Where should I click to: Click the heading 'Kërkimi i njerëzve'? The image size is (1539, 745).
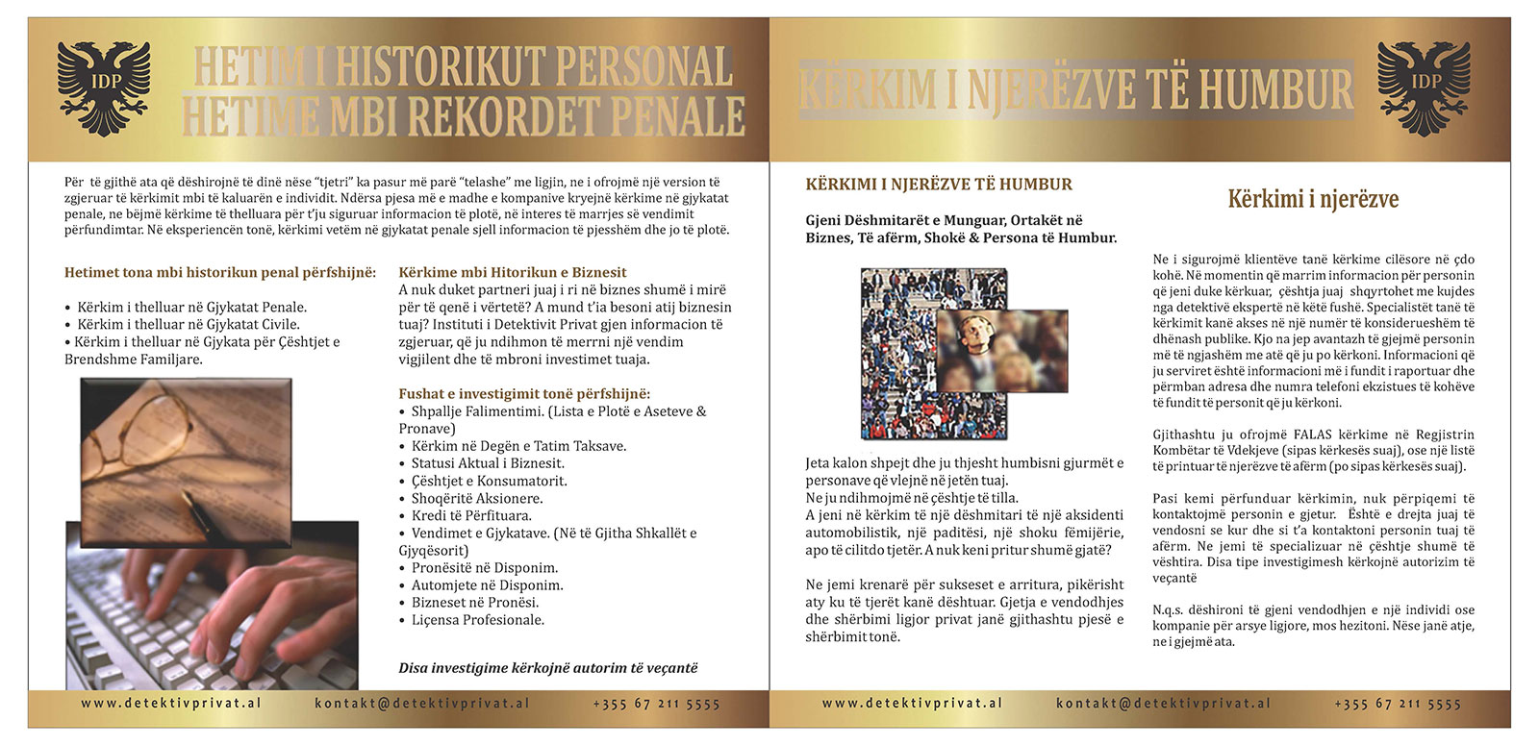click(1313, 199)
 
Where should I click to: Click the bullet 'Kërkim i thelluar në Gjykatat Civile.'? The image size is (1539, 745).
click(188, 325)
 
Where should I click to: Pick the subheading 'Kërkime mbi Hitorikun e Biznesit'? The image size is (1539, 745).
click(513, 272)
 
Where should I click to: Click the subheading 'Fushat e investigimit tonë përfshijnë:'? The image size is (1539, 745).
click(524, 394)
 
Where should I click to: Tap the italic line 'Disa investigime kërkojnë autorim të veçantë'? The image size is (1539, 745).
click(548, 668)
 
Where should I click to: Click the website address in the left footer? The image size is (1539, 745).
click(171, 704)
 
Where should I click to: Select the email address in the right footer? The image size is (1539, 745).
click(1163, 704)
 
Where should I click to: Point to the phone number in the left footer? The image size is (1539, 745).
click(656, 704)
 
